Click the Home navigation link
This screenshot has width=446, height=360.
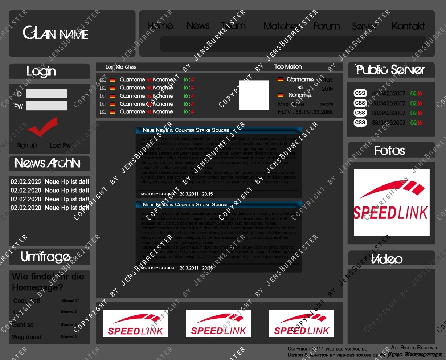click(160, 26)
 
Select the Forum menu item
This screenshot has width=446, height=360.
click(326, 26)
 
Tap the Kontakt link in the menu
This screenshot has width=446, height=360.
click(408, 26)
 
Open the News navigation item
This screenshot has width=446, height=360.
click(198, 26)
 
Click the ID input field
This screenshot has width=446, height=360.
click(46, 93)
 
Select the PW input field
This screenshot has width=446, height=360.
click(46, 106)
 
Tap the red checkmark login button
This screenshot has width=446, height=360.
click(42, 126)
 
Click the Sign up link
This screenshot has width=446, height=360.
click(27, 146)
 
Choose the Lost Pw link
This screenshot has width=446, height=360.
click(60, 146)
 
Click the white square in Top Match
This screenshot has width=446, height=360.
click(254, 95)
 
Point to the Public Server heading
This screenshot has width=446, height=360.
click(390, 70)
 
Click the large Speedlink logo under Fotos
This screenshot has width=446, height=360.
click(392, 202)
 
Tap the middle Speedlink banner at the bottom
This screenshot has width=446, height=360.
click(218, 323)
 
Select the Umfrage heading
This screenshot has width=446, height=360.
click(46, 257)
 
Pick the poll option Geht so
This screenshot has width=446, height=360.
click(23, 325)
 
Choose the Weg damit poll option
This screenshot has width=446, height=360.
click(26, 337)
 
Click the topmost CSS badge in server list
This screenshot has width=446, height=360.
click(360, 93)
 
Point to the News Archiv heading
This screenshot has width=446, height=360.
click(48, 163)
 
